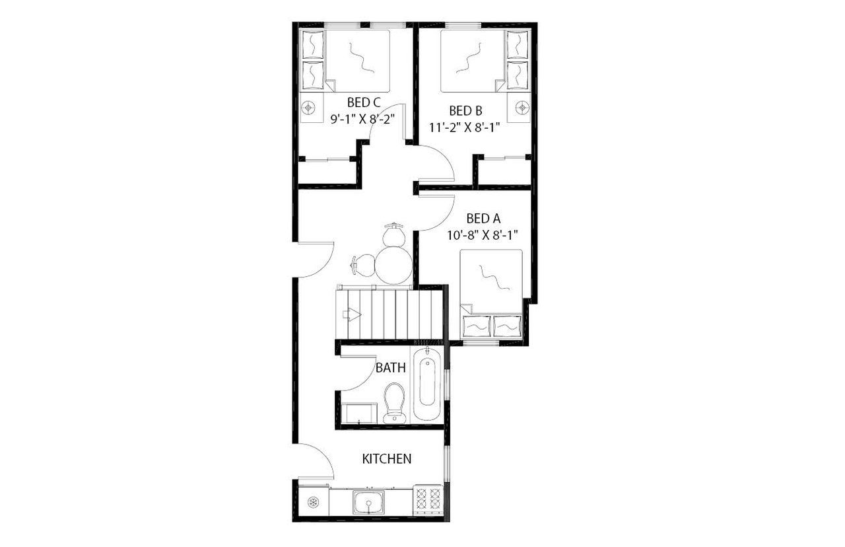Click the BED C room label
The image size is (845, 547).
pyautogui.click(x=364, y=103)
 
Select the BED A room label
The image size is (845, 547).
pyautogui.click(x=483, y=218)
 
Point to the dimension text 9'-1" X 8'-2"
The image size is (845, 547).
pyautogui.click(x=363, y=120)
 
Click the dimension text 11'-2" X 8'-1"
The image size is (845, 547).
pyautogui.click(x=465, y=128)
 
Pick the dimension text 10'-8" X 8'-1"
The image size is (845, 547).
pyautogui.click(x=483, y=234)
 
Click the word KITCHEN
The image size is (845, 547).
pyautogui.click(x=388, y=458)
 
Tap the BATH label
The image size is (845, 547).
pyautogui.click(x=390, y=368)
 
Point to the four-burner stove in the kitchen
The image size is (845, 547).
pyautogui.click(x=428, y=501)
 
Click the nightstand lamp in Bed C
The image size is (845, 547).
pyautogui.click(x=309, y=107)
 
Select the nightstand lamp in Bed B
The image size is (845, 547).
pyautogui.click(x=523, y=106)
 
